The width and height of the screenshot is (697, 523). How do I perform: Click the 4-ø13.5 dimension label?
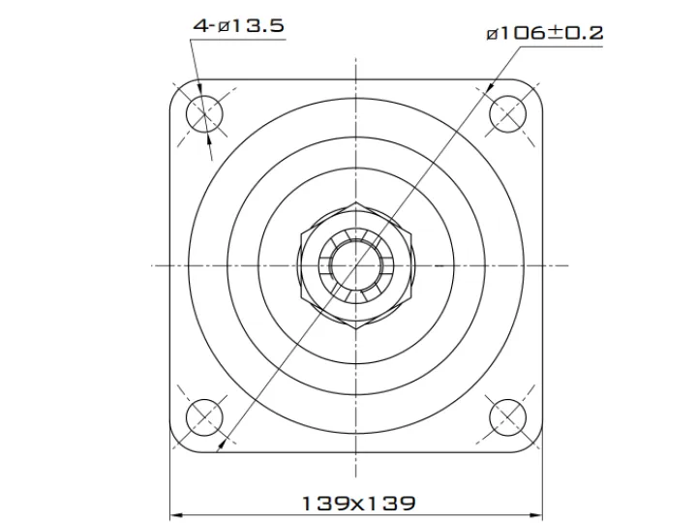(x=239, y=25)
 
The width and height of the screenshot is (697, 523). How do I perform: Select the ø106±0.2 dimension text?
(x=545, y=33)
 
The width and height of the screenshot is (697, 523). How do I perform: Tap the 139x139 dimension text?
(x=359, y=504)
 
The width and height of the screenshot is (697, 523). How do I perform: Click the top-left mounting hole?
(x=204, y=114)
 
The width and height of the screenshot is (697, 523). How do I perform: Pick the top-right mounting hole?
(x=507, y=114)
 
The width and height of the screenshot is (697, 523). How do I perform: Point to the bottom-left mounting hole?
(x=204, y=417)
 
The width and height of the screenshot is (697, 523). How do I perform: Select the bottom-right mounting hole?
(x=507, y=417)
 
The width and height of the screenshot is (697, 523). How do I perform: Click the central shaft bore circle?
(x=355, y=265)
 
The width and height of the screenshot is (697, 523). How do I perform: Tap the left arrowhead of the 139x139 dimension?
(x=176, y=516)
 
